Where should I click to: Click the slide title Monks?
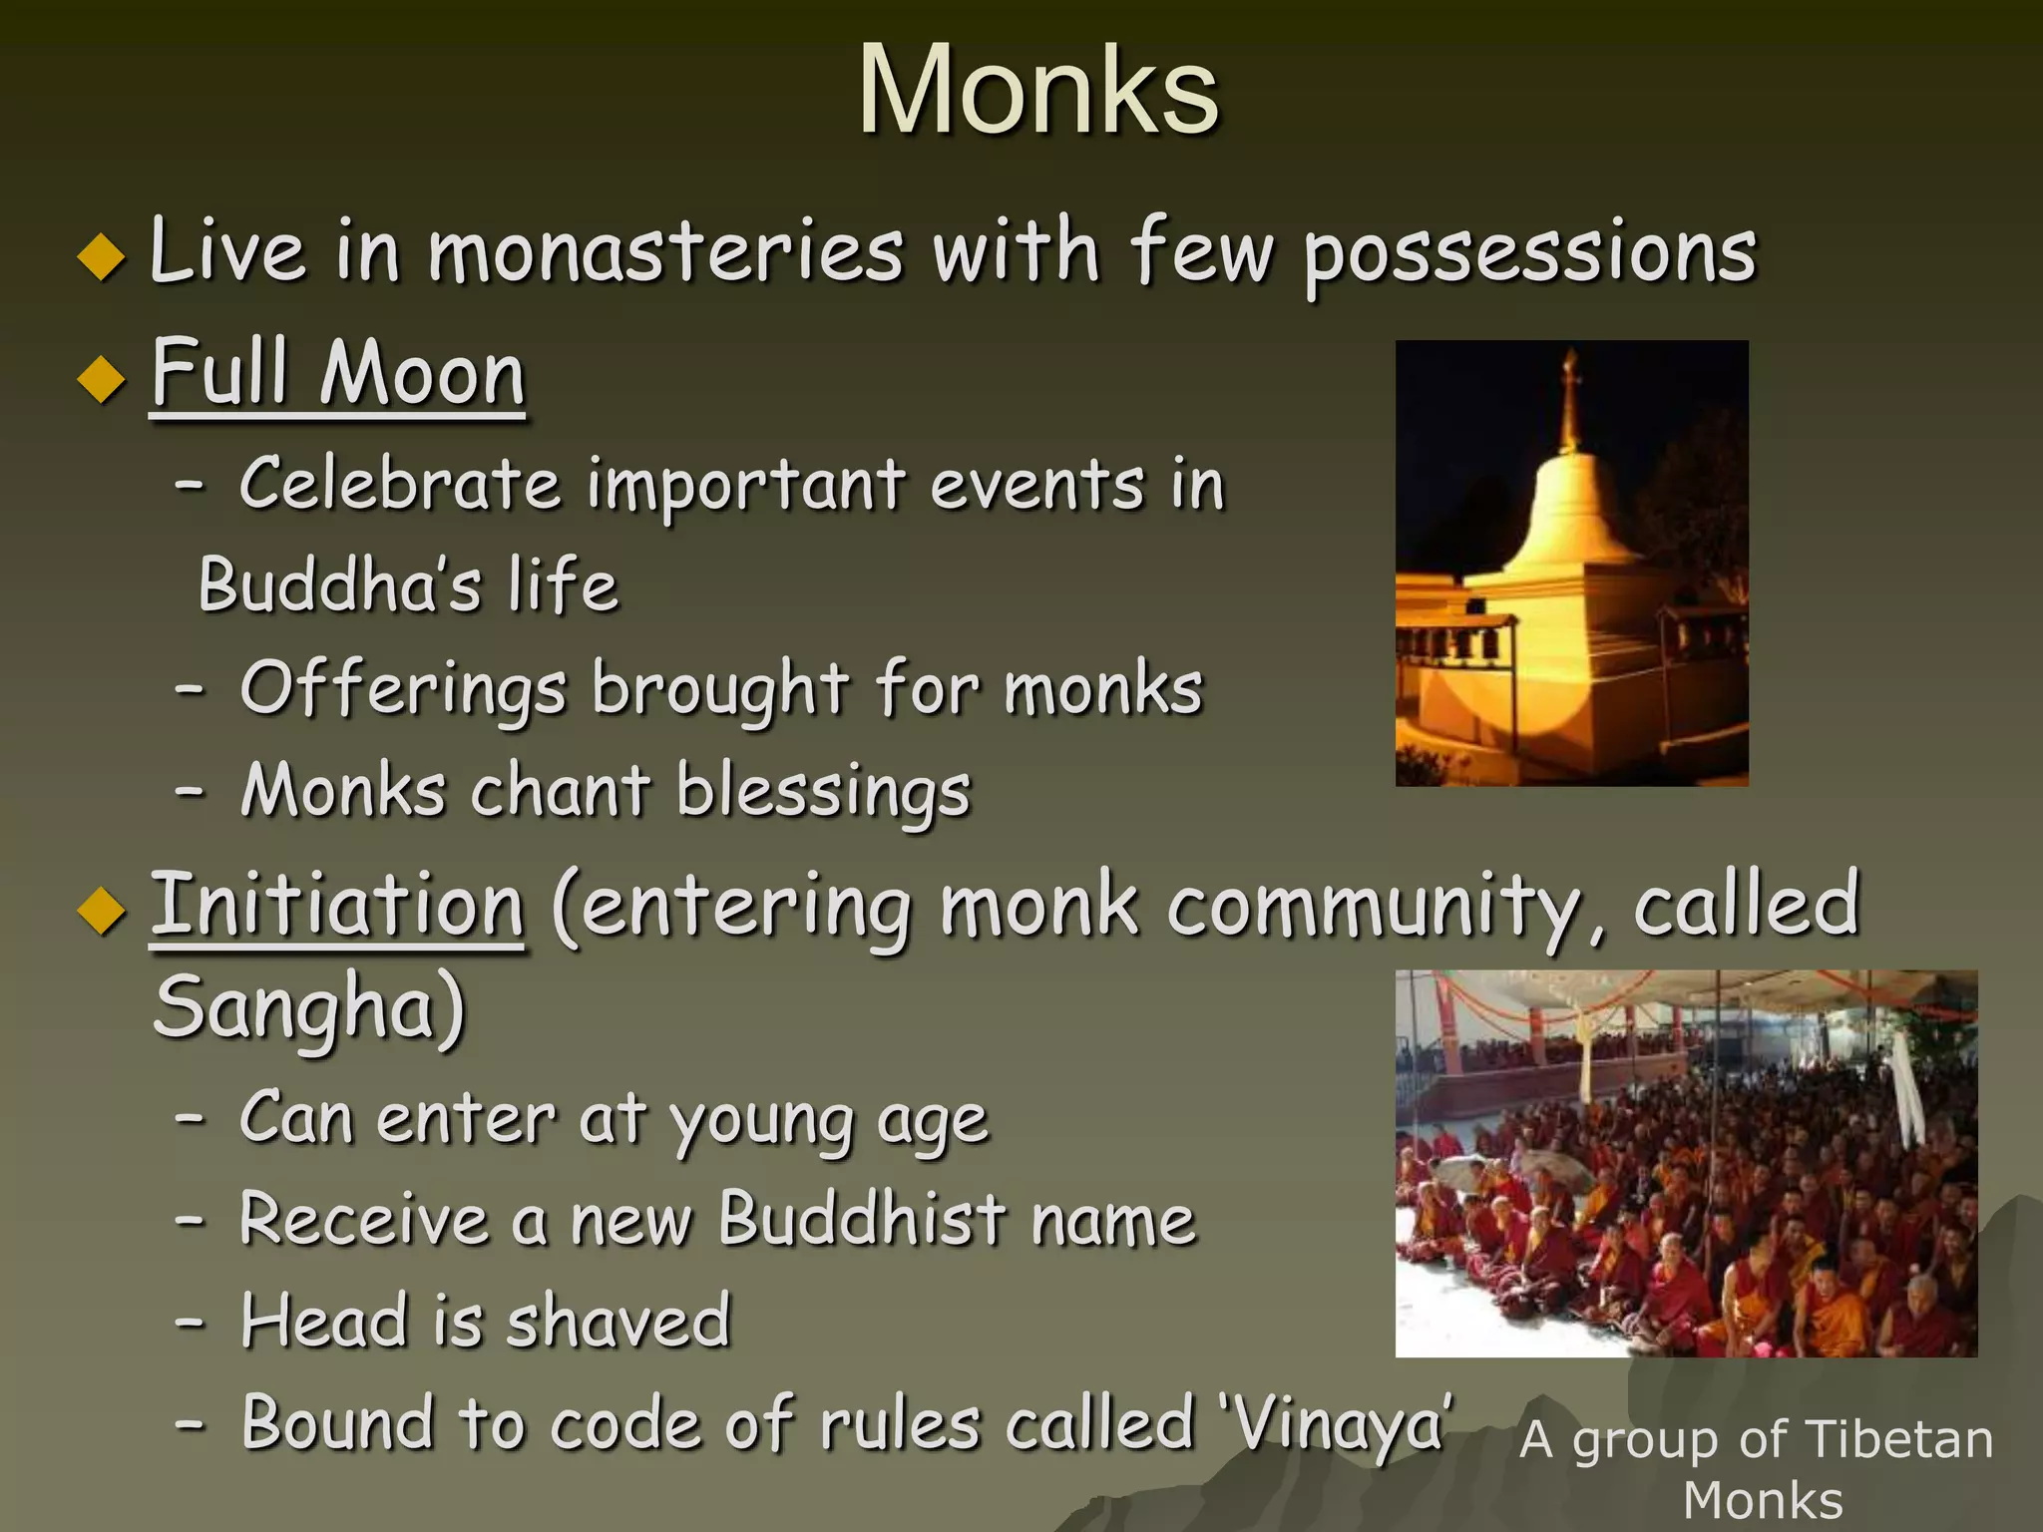pyautogui.click(x=1037, y=92)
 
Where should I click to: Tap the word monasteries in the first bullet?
pyautogui.click(x=665, y=251)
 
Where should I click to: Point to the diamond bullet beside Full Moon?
pyautogui.click(x=102, y=379)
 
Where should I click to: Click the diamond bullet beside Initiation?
pyautogui.click(x=102, y=912)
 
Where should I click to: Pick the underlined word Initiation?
pyautogui.click(x=337, y=906)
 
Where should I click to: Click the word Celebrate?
pyautogui.click(x=399, y=485)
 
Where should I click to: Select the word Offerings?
pyautogui.click(x=403, y=690)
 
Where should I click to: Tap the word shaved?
pyautogui.click(x=618, y=1323)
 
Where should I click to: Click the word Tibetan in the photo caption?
pyautogui.click(x=1899, y=1440)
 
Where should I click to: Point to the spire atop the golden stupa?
pyautogui.click(x=1571, y=399)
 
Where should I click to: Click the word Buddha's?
pyautogui.click(x=339, y=586)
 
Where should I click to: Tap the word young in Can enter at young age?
pyautogui.click(x=762, y=1121)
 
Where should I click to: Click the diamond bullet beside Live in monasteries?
pyautogui.click(x=102, y=256)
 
